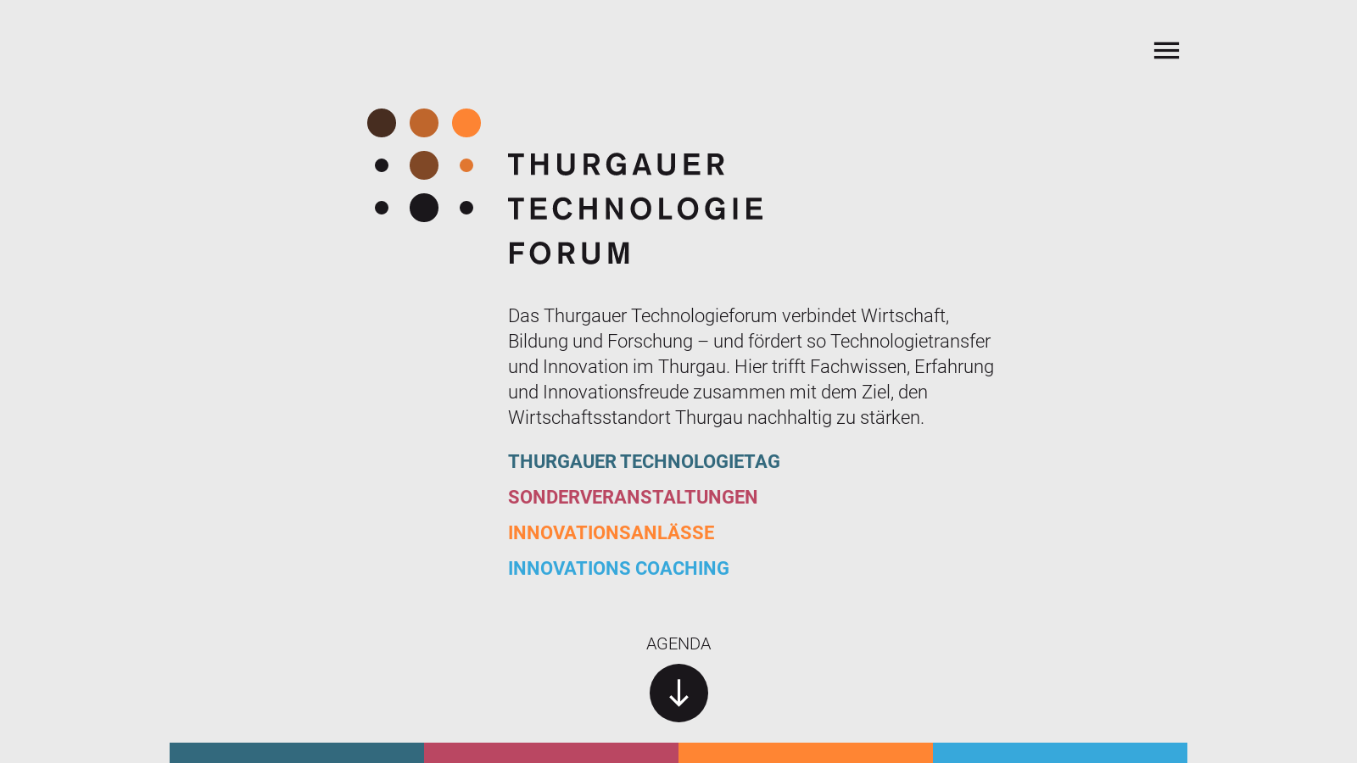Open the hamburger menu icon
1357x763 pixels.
tap(1166, 50)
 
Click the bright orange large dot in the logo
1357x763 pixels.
tap(466, 123)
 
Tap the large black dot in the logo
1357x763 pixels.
tap(424, 208)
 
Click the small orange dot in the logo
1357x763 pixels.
tap(466, 165)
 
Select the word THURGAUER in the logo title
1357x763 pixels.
tap(617, 164)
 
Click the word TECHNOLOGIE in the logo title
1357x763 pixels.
tap(636, 209)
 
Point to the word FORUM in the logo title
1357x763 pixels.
tap(570, 253)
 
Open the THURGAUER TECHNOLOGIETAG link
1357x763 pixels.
tap(644, 461)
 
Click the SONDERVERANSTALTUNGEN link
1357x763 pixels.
tap(633, 497)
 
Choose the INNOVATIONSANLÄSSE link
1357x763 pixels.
tap(611, 532)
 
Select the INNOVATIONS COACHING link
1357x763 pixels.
tap(618, 568)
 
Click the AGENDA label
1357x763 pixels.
tap(678, 643)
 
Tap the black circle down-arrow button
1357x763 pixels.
tap(678, 693)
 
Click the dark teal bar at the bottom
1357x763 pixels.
tap(297, 753)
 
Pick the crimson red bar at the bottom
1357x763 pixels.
tap(551, 753)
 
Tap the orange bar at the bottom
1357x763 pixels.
tap(806, 753)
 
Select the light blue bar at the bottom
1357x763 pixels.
tap(1060, 753)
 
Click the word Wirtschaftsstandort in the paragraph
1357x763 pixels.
tap(589, 418)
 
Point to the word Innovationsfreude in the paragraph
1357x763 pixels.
tap(616, 393)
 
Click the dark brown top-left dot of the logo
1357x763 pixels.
tap(382, 123)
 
